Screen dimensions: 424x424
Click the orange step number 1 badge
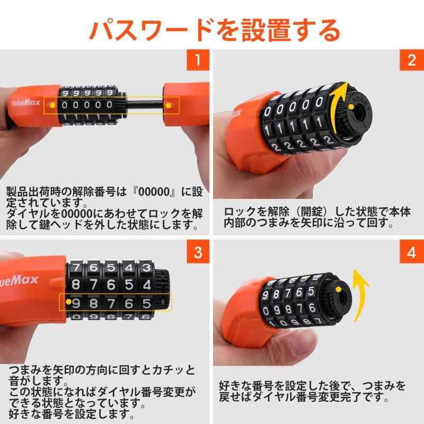(198, 60)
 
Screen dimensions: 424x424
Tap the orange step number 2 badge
(412, 60)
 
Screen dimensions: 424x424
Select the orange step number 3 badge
(198, 252)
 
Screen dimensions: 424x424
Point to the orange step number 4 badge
(412, 252)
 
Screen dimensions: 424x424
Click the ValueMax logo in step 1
(25, 102)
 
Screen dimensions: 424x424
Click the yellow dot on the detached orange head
(168, 105)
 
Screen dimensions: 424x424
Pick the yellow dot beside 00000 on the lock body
(52, 105)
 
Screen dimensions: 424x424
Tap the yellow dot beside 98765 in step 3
(69, 302)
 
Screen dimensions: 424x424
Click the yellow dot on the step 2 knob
(351, 107)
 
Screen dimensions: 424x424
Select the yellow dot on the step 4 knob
(338, 289)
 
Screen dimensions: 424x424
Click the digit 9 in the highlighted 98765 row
(76, 304)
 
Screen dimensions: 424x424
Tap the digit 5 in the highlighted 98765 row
(146, 304)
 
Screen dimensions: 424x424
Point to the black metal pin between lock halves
(145, 105)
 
